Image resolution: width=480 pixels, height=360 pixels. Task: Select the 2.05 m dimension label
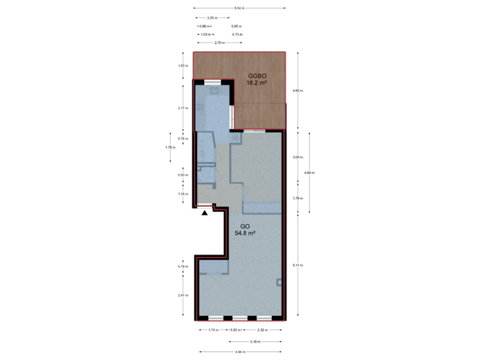[x=211, y=17]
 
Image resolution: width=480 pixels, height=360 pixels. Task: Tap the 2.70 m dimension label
[x=219, y=42]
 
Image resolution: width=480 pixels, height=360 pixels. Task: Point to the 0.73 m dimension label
[x=235, y=33]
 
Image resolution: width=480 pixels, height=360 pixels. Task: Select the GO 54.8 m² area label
[x=245, y=230]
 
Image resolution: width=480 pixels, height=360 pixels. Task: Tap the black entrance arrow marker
[x=205, y=212]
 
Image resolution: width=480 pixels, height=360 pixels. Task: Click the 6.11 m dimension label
[x=296, y=265]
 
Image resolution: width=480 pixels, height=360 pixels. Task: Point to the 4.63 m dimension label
[x=297, y=90]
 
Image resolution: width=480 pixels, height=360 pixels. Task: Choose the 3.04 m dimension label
[x=297, y=157]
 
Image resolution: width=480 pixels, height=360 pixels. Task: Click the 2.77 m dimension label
[x=181, y=108]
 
